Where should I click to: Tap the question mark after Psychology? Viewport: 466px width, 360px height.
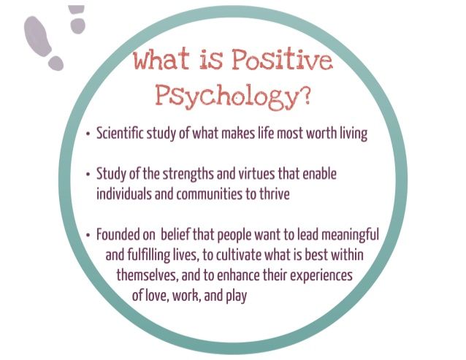point(304,95)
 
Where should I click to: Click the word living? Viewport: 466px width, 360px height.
point(354,134)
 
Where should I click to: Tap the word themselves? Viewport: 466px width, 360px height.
point(148,275)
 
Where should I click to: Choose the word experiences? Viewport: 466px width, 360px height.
point(321,275)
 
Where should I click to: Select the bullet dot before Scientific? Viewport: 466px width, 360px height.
point(88,134)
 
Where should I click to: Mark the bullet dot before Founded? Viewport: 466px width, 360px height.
point(88,235)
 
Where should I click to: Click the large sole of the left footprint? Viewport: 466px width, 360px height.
point(37,36)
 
